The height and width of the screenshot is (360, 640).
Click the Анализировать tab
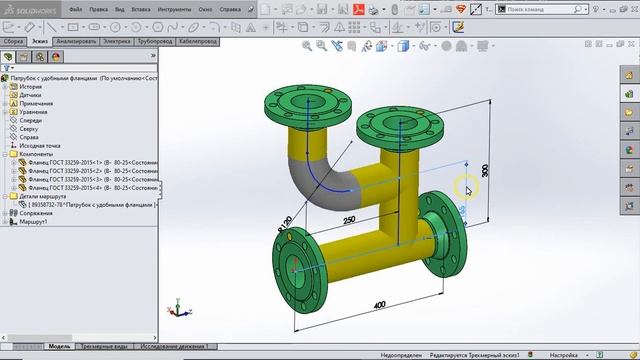[x=77, y=43]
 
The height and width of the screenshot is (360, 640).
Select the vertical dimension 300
[x=485, y=170]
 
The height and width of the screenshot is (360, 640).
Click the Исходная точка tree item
[x=40, y=146]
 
